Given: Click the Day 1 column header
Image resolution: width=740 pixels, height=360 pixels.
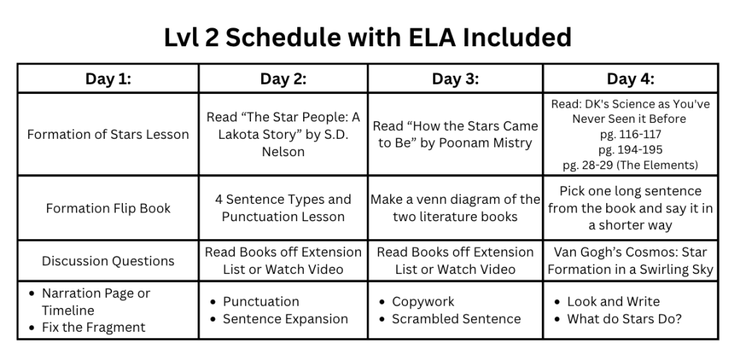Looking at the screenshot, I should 108,79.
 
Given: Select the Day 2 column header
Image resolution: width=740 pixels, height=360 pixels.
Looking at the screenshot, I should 282,79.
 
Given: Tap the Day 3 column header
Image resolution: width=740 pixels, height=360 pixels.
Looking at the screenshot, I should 455,79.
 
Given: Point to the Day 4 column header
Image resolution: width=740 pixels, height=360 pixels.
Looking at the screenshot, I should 630,79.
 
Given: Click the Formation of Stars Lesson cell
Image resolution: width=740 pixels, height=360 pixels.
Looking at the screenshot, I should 108,134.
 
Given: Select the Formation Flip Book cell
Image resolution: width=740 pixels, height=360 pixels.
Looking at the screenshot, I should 108,208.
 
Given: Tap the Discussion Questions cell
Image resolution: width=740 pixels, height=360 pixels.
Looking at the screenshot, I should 108,261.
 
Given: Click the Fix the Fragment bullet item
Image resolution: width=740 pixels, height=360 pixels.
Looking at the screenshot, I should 93,327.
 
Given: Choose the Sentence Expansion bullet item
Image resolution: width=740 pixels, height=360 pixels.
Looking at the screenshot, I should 285,319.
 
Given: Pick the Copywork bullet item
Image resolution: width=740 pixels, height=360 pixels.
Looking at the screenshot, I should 424,301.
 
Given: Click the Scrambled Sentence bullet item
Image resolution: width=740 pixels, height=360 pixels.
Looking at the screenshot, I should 456,319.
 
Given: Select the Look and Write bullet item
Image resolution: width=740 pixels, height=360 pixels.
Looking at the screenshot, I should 613,301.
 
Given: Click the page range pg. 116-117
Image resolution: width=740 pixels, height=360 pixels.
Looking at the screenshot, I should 630,134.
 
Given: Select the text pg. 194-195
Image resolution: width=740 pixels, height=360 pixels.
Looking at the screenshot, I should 630,150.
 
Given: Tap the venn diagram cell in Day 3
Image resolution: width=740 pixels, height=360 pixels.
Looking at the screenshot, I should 455,208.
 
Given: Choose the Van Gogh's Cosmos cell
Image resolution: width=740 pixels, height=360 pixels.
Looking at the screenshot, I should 630,261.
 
